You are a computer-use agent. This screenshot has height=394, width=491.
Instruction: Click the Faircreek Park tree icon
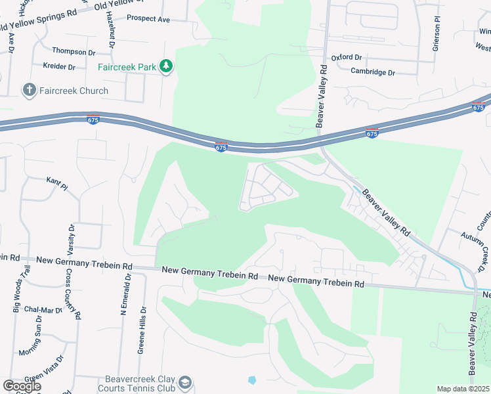[167, 66]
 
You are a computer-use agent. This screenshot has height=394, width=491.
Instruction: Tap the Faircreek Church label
[75, 91]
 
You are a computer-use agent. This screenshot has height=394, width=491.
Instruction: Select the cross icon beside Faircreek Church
[29, 90]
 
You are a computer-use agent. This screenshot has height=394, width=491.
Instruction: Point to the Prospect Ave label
[148, 20]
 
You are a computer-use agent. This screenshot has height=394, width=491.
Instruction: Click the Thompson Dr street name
[74, 51]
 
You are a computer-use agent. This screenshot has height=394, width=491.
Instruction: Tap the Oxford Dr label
[347, 58]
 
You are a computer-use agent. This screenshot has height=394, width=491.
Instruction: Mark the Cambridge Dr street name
[373, 72]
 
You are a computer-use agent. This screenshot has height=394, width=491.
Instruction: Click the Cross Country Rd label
[73, 294]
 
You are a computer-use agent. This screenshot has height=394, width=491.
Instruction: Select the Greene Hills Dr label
[141, 332]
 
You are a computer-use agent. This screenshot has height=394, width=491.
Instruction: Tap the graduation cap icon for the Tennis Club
[186, 382]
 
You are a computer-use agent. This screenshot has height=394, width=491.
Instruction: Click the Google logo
[22, 386]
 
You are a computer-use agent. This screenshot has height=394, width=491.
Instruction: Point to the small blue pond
[252, 380]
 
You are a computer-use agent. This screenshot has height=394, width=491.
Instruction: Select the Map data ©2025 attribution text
[463, 389]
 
